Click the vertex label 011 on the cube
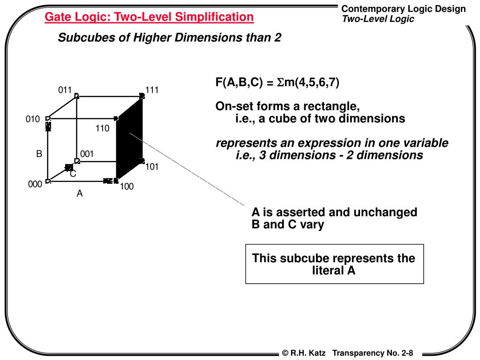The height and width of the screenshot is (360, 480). click(65, 90)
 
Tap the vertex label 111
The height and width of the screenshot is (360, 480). click(152, 90)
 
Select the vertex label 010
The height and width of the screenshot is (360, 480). click(33, 120)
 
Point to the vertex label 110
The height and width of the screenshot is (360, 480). click(102, 128)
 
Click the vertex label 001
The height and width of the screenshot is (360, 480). click(87, 154)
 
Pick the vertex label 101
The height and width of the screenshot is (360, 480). click(152, 166)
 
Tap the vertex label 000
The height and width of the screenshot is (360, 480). click(35, 185)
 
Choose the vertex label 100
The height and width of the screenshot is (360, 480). click(127, 187)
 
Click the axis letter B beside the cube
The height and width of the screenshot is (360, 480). click(39, 154)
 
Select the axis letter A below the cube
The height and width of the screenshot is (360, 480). click(80, 193)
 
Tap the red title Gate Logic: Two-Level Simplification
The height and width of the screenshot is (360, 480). click(149, 17)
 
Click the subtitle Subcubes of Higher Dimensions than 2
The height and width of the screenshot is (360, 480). click(169, 38)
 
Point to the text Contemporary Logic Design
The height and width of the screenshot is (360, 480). click(404, 9)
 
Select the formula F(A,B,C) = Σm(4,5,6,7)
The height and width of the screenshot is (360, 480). click(277, 82)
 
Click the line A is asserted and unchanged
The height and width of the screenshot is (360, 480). click(334, 212)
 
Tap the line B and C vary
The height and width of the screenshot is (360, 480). click(288, 225)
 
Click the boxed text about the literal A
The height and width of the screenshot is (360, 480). click(334, 264)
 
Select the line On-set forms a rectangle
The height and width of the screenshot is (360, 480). click(288, 106)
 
